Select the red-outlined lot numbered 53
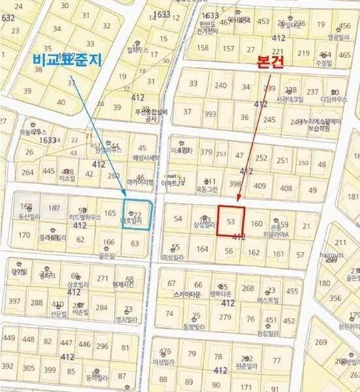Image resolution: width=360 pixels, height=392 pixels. (x=231, y=221)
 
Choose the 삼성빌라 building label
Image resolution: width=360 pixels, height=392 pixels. (x=204, y=225)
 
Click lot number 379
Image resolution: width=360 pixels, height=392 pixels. (x=206, y=152)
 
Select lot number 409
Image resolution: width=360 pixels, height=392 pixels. (x=259, y=186)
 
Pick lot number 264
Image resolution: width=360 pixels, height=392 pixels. (x=27, y=172)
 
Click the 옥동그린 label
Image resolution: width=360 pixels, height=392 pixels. (x=210, y=189)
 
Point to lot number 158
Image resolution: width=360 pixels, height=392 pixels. (x=203, y=47)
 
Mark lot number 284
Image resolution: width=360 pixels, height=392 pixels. (x=101, y=307)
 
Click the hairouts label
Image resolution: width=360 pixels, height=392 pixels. (x=333, y=255)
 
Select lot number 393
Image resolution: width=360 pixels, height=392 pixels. (x=210, y=114)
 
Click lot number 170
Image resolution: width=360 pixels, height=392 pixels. (x=24, y=235)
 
